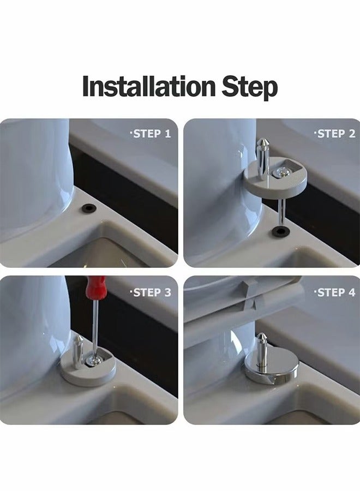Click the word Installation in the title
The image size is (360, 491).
149,87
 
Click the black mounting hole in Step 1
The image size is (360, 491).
87,208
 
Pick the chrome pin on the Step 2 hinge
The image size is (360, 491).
262,158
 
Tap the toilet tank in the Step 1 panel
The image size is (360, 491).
33,175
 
